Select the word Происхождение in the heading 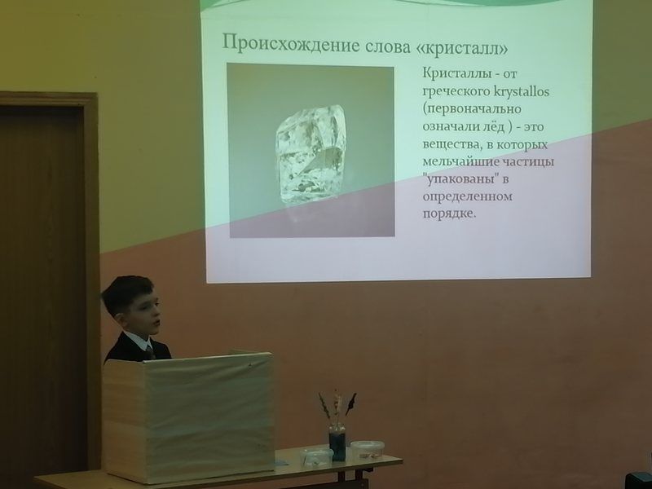pos(290,44)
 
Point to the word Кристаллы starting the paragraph pos(455,74)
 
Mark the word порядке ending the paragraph pos(449,214)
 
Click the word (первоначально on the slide pos(472,109)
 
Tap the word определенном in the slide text pos(467,196)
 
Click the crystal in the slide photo pos(311,154)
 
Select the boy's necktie pos(150,352)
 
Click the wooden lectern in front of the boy pos(188,416)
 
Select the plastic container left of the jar pos(317,456)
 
